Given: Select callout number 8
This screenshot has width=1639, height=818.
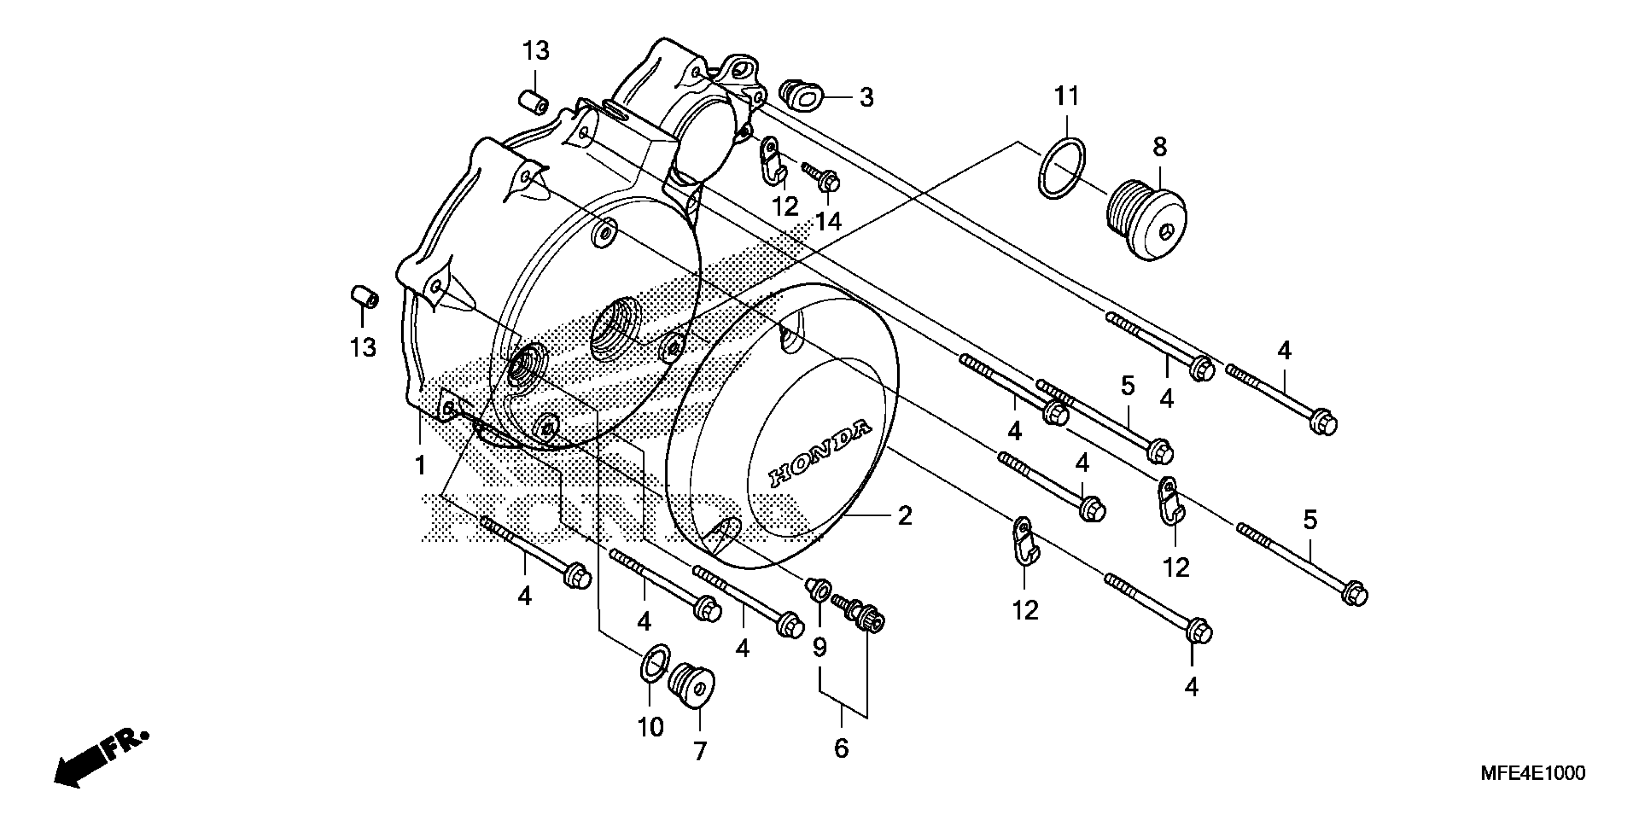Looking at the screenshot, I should tap(1160, 148).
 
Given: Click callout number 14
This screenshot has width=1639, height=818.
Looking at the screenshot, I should tap(829, 221).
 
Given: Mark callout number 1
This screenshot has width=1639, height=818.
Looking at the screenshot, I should tap(420, 465).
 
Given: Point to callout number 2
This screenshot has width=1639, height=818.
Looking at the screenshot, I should tap(905, 516).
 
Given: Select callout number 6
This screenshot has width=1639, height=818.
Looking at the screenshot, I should tap(841, 748).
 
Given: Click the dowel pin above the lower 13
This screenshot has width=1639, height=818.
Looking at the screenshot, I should tap(365, 296).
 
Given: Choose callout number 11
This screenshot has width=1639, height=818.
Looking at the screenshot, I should tap(1067, 97).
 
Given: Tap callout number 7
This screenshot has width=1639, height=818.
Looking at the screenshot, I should tap(700, 752).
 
